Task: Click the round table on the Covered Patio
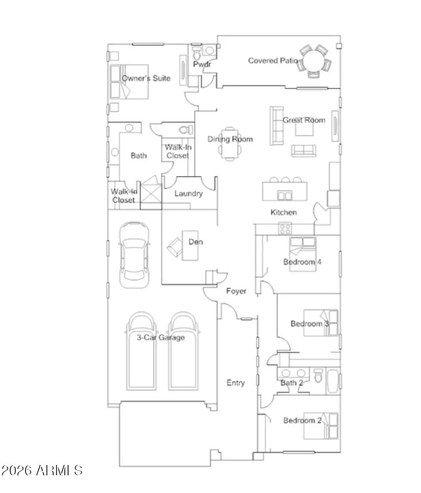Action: pyautogui.click(x=314, y=61)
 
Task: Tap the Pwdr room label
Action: pyautogui.click(x=202, y=64)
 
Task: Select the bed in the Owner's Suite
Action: pyautogui.click(x=129, y=82)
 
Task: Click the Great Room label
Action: pyautogui.click(x=304, y=120)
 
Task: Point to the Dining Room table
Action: pyautogui.click(x=229, y=144)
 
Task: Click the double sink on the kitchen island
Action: pyautogui.click(x=284, y=195)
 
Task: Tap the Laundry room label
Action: pyautogui.click(x=188, y=193)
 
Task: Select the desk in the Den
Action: pyautogui.click(x=190, y=245)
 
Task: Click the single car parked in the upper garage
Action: pyautogui.click(x=134, y=255)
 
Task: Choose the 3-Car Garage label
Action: pyautogui.click(x=161, y=337)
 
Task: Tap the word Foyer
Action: pyautogui.click(x=236, y=291)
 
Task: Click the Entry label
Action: pyautogui.click(x=236, y=383)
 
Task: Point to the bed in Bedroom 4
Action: pyautogui.click(x=303, y=254)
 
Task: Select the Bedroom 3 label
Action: pyautogui.click(x=310, y=324)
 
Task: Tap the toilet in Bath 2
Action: pyautogui.click(x=318, y=376)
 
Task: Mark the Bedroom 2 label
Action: pyautogui.click(x=302, y=420)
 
